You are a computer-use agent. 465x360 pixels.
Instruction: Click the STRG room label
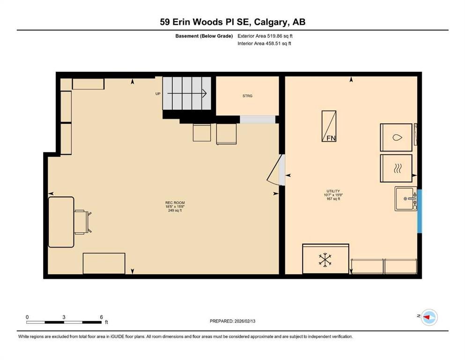pyautogui.click(x=247, y=96)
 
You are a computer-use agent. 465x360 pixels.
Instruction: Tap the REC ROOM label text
pyautogui.click(x=175, y=202)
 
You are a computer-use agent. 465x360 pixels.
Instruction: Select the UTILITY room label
pyautogui.click(x=333, y=191)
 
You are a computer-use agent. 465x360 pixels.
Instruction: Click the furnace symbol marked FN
pyautogui.click(x=329, y=126)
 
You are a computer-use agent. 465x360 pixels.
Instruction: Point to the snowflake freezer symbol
pyautogui.click(x=325, y=260)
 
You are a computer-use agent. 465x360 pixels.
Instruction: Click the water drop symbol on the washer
pyautogui.click(x=397, y=137)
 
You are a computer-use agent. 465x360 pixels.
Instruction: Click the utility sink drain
pyautogui.click(x=406, y=199)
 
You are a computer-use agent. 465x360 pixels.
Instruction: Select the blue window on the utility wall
pyautogui.click(x=419, y=211)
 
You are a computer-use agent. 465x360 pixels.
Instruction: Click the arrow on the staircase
pyautogui.click(x=187, y=93)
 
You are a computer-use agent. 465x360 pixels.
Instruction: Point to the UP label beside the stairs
pyautogui.click(x=158, y=94)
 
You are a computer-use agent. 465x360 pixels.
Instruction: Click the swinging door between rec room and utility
pyautogui.click(x=276, y=170)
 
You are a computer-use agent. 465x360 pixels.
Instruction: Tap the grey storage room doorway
pyautogui.click(x=258, y=120)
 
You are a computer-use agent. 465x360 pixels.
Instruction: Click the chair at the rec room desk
pyautogui.click(x=83, y=222)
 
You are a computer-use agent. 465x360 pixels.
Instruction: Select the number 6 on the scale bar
pyautogui.click(x=102, y=317)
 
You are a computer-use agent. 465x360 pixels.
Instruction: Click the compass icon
pyautogui.click(x=429, y=317)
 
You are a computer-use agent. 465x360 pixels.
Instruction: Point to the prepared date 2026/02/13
pyautogui.click(x=245, y=321)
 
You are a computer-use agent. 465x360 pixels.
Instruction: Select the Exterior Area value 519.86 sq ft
pyautogui.click(x=280, y=36)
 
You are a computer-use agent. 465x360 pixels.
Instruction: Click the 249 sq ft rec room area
pyautogui.click(x=175, y=210)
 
